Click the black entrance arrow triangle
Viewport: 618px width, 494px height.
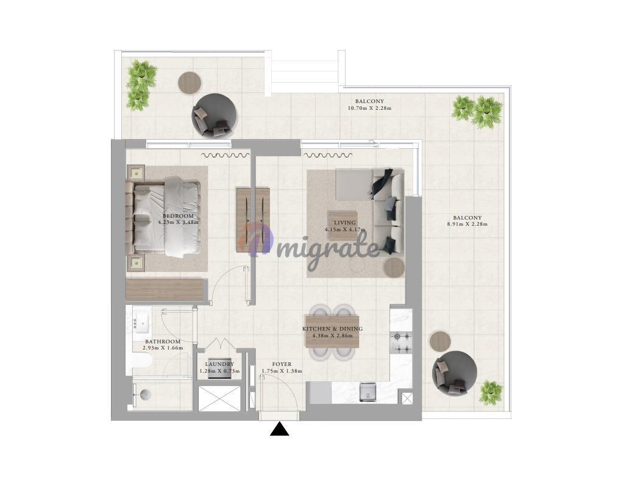coord(279,429)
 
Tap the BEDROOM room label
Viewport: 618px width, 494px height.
coord(178,216)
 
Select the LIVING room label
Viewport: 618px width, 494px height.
coord(345,223)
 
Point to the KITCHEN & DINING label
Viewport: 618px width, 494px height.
coord(332,329)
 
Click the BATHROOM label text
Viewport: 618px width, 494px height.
coord(163,342)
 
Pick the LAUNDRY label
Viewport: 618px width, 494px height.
coord(219,365)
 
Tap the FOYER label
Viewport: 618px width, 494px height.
coord(282,365)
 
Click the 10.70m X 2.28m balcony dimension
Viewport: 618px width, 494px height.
coord(369,108)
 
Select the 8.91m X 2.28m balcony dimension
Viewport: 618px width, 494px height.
coord(467,224)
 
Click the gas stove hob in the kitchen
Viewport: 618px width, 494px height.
coord(401,342)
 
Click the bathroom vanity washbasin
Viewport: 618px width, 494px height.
coord(141,324)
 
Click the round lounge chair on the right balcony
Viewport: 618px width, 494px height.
coord(455,373)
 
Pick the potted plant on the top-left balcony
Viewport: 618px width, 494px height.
coord(141,84)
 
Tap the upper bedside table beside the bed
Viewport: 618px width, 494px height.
coord(135,173)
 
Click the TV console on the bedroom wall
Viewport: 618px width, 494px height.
coord(254,220)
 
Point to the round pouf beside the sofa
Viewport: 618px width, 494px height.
coord(394,268)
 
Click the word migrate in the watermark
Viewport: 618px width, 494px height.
coord(328,249)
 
